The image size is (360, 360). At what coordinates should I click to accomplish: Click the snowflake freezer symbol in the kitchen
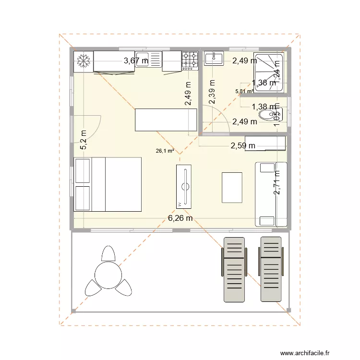[x=84, y=61]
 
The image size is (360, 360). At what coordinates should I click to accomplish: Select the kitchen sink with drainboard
[x=150, y=61]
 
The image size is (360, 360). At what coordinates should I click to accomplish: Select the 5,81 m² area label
[x=244, y=91]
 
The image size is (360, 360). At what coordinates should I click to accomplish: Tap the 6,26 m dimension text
[x=180, y=218]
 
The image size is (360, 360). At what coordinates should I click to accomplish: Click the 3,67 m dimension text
[x=136, y=60]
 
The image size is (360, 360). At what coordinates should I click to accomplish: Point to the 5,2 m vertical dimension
[x=84, y=140]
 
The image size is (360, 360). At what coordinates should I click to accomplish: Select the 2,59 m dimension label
[x=243, y=145]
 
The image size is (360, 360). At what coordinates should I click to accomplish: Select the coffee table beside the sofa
[x=232, y=188]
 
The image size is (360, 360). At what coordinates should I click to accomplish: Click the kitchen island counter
[x=166, y=120]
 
